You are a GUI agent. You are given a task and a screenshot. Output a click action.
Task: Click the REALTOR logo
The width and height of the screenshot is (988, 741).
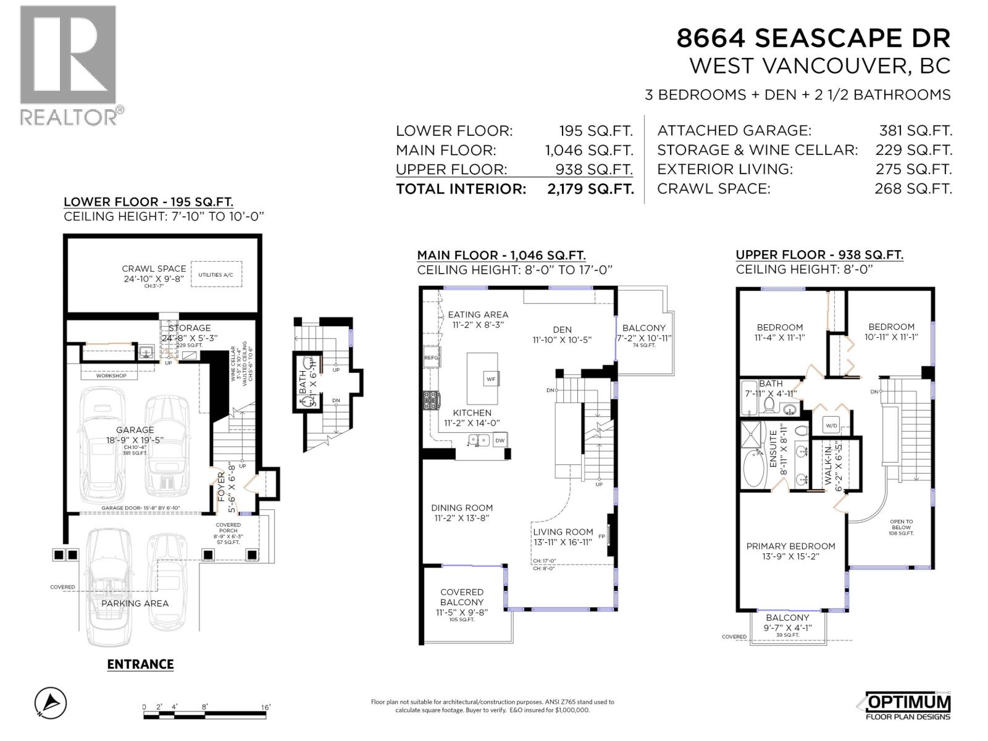click(x=68, y=65)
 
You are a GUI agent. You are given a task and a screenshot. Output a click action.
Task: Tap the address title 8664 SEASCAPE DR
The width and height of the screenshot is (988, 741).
click(x=813, y=38)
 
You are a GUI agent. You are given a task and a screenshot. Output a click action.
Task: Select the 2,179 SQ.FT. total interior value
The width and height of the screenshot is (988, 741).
click(x=590, y=189)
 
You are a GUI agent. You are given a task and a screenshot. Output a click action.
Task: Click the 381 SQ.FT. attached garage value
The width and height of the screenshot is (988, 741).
click(x=915, y=131)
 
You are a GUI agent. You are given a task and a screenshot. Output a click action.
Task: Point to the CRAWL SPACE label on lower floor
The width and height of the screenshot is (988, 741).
click(x=154, y=269)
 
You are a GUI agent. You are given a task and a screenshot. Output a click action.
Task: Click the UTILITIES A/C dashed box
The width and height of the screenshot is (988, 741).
click(x=216, y=274)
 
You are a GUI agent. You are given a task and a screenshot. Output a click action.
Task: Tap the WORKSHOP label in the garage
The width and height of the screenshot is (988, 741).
click(x=111, y=375)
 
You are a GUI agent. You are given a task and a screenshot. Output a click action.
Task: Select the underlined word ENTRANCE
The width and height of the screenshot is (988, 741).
click(x=140, y=664)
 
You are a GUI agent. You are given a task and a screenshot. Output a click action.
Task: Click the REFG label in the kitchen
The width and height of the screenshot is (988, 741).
click(x=431, y=358)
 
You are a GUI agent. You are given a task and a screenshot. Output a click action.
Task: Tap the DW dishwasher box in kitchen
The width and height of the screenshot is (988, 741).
click(x=500, y=440)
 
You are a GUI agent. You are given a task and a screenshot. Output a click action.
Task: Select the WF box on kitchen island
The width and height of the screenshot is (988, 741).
click(x=491, y=379)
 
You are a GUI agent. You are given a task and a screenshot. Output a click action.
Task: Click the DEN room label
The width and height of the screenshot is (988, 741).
click(x=562, y=330)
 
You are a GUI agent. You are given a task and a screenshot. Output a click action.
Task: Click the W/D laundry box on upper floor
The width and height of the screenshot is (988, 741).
click(x=831, y=425)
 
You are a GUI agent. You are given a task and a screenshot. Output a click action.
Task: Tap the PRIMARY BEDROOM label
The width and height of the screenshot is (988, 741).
click(x=790, y=546)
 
